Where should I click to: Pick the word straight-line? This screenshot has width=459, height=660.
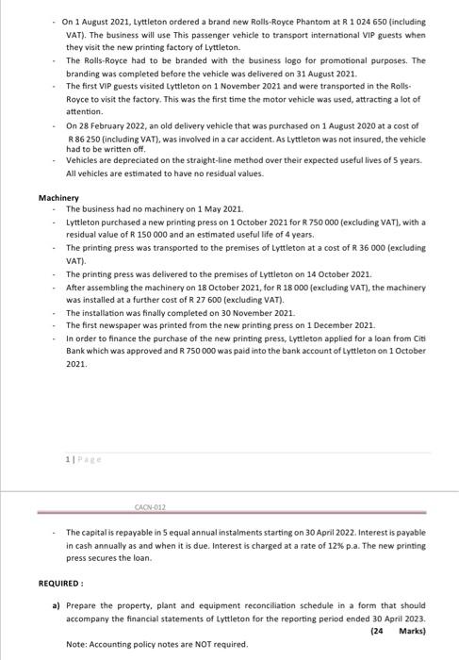pyautogui.click(x=216, y=159)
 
